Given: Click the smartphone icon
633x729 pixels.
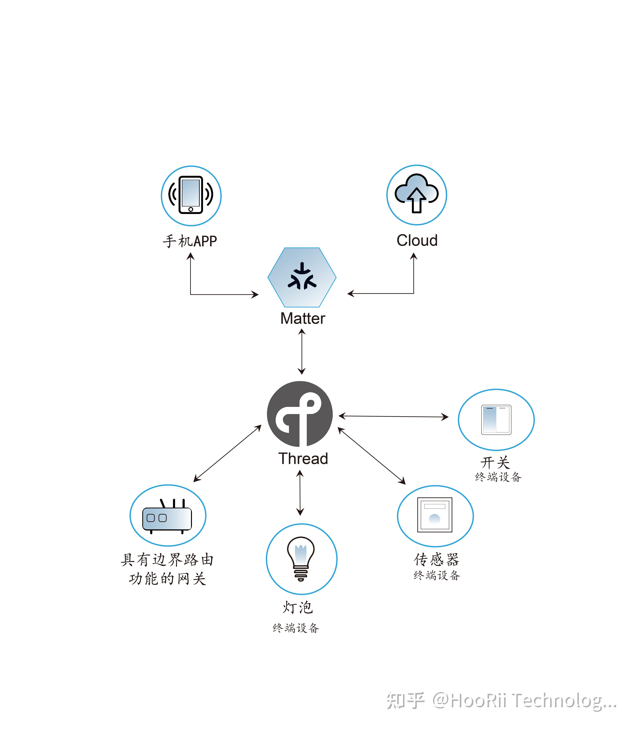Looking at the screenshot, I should coord(191,195).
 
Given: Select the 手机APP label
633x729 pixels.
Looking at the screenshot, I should coord(190,241).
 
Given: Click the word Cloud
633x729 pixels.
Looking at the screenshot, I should coord(417,240).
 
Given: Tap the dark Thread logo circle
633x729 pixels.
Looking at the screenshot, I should coord(300,414).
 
